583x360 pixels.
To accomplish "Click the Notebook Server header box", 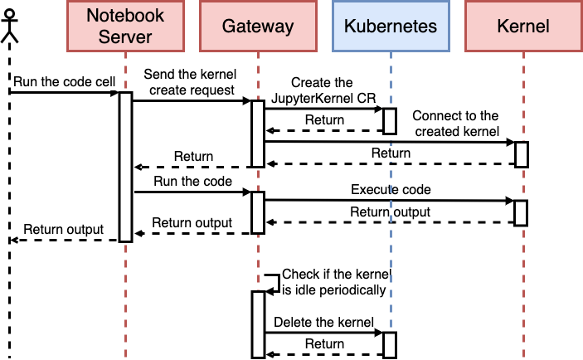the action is (126, 26).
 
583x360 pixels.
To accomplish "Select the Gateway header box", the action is (258, 26).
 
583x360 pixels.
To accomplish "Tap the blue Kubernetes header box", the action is (391, 26).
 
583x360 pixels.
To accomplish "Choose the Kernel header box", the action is (523, 26).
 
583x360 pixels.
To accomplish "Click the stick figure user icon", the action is (9, 26).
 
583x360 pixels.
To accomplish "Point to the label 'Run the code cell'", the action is (65, 82).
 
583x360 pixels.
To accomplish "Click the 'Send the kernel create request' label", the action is (191, 82).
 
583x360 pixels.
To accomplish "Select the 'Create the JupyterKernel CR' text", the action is (323, 90).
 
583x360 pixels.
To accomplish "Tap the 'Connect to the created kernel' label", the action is (456, 124).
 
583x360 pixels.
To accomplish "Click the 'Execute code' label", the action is (391, 190).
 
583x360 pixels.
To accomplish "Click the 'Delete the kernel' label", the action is (323, 322).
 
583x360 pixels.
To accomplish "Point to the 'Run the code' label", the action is (192, 181).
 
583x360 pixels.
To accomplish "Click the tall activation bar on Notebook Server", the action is (126, 167).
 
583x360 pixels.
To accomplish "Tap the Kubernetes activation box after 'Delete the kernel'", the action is (390, 345).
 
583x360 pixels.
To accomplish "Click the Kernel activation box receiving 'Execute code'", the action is (521, 213).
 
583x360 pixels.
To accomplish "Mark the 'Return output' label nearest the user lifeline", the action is (64, 230).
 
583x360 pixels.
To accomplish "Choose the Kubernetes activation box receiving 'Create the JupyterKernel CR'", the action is (390, 121).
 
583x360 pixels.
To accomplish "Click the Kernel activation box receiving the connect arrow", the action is (522, 154).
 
